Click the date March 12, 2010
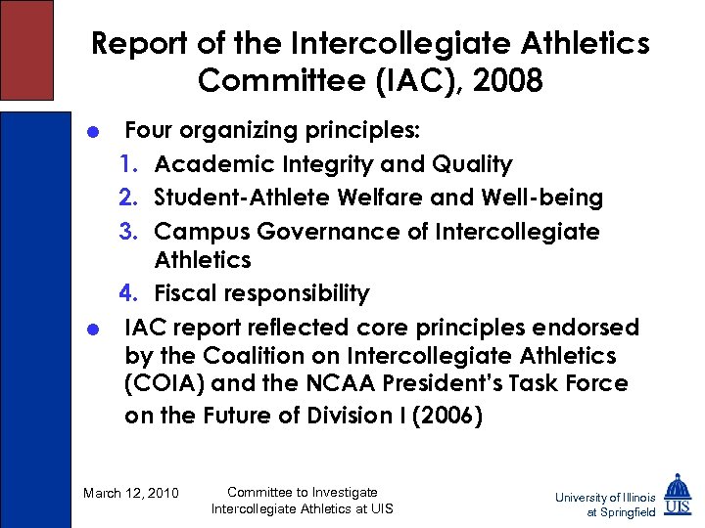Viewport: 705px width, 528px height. (131, 493)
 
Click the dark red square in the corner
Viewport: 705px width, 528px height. (26, 49)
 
